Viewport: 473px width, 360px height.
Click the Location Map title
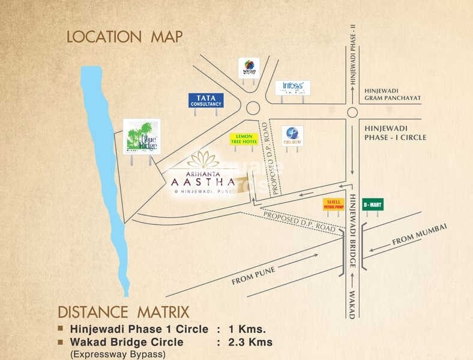point(124,37)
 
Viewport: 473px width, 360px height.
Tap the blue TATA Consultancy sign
point(206,100)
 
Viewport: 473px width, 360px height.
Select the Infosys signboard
point(293,88)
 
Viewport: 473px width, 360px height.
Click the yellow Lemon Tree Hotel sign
point(244,139)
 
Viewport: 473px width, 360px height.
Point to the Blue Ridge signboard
point(142,136)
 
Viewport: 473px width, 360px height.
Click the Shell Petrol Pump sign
point(333,204)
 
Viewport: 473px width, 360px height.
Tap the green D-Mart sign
point(372,205)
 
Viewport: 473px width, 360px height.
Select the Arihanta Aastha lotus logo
point(203,159)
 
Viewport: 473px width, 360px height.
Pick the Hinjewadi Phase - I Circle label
point(395,133)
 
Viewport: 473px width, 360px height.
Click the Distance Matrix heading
point(123,312)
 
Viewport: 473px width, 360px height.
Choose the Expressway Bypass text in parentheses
point(118,354)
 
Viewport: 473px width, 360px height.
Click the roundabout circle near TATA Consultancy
point(253,108)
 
